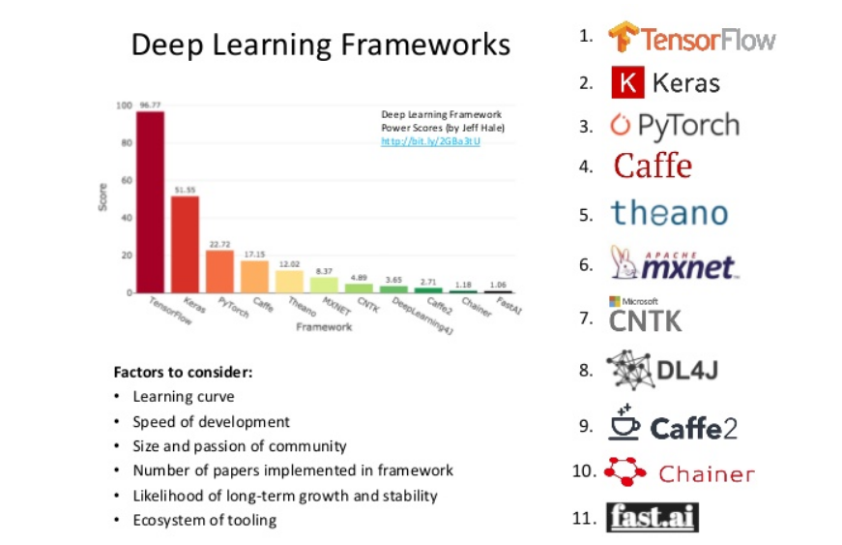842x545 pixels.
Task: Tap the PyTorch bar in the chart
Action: coord(219,271)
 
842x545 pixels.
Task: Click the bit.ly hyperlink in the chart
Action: coord(430,141)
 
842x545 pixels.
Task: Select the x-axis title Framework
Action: coord(324,327)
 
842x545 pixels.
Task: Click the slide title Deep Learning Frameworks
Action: coord(320,45)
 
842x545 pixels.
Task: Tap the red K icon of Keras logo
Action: coord(627,83)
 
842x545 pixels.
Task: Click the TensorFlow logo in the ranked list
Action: coord(692,39)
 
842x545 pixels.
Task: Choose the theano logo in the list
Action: coord(669,213)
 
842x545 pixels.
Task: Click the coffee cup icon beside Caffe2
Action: coord(624,424)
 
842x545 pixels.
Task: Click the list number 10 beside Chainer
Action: coord(584,472)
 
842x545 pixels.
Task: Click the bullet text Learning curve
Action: coord(184,397)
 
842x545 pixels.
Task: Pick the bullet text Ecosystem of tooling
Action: coord(204,521)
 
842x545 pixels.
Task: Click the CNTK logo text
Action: coord(645,320)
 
